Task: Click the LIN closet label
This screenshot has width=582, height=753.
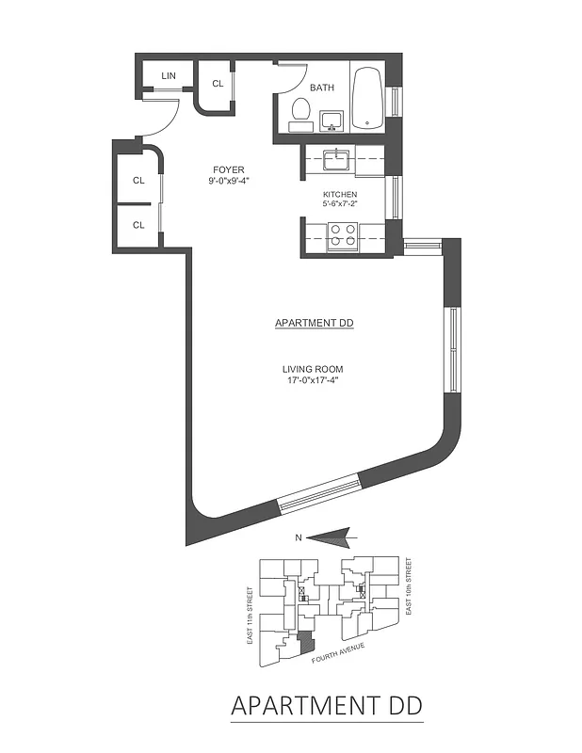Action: pyautogui.click(x=170, y=76)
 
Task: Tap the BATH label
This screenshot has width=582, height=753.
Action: pyautogui.click(x=323, y=88)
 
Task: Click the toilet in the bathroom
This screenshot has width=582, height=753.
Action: pyautogui.click(x=301, y=112)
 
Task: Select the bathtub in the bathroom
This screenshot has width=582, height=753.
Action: pyautogui.click(x=367, y=98)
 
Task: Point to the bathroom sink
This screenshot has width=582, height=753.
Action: pyautogui.click(x=331, y=120)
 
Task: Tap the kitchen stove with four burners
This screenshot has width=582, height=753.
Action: pyautogui.click(x=342, y=233)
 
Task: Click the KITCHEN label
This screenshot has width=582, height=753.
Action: pyautogui.click(x=340, y=195)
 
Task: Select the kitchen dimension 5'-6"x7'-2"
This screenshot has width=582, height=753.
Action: pyautogui.click(x=340, y=205)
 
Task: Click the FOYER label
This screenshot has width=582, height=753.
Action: pyautogui.click(x=229, y=169)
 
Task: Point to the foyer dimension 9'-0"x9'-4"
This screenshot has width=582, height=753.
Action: pyautogui.click(x=229, y=181)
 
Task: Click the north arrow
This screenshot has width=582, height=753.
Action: pyautogui.click(x=330, y=537)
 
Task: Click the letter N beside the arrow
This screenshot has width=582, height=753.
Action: pyautogui.click(x=299, y=538)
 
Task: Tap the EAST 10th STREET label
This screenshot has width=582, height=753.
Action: pyautogui.click(x=409, y=587)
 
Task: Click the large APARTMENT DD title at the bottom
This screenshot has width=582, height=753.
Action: pyautogui.click(x=326, y=705)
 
